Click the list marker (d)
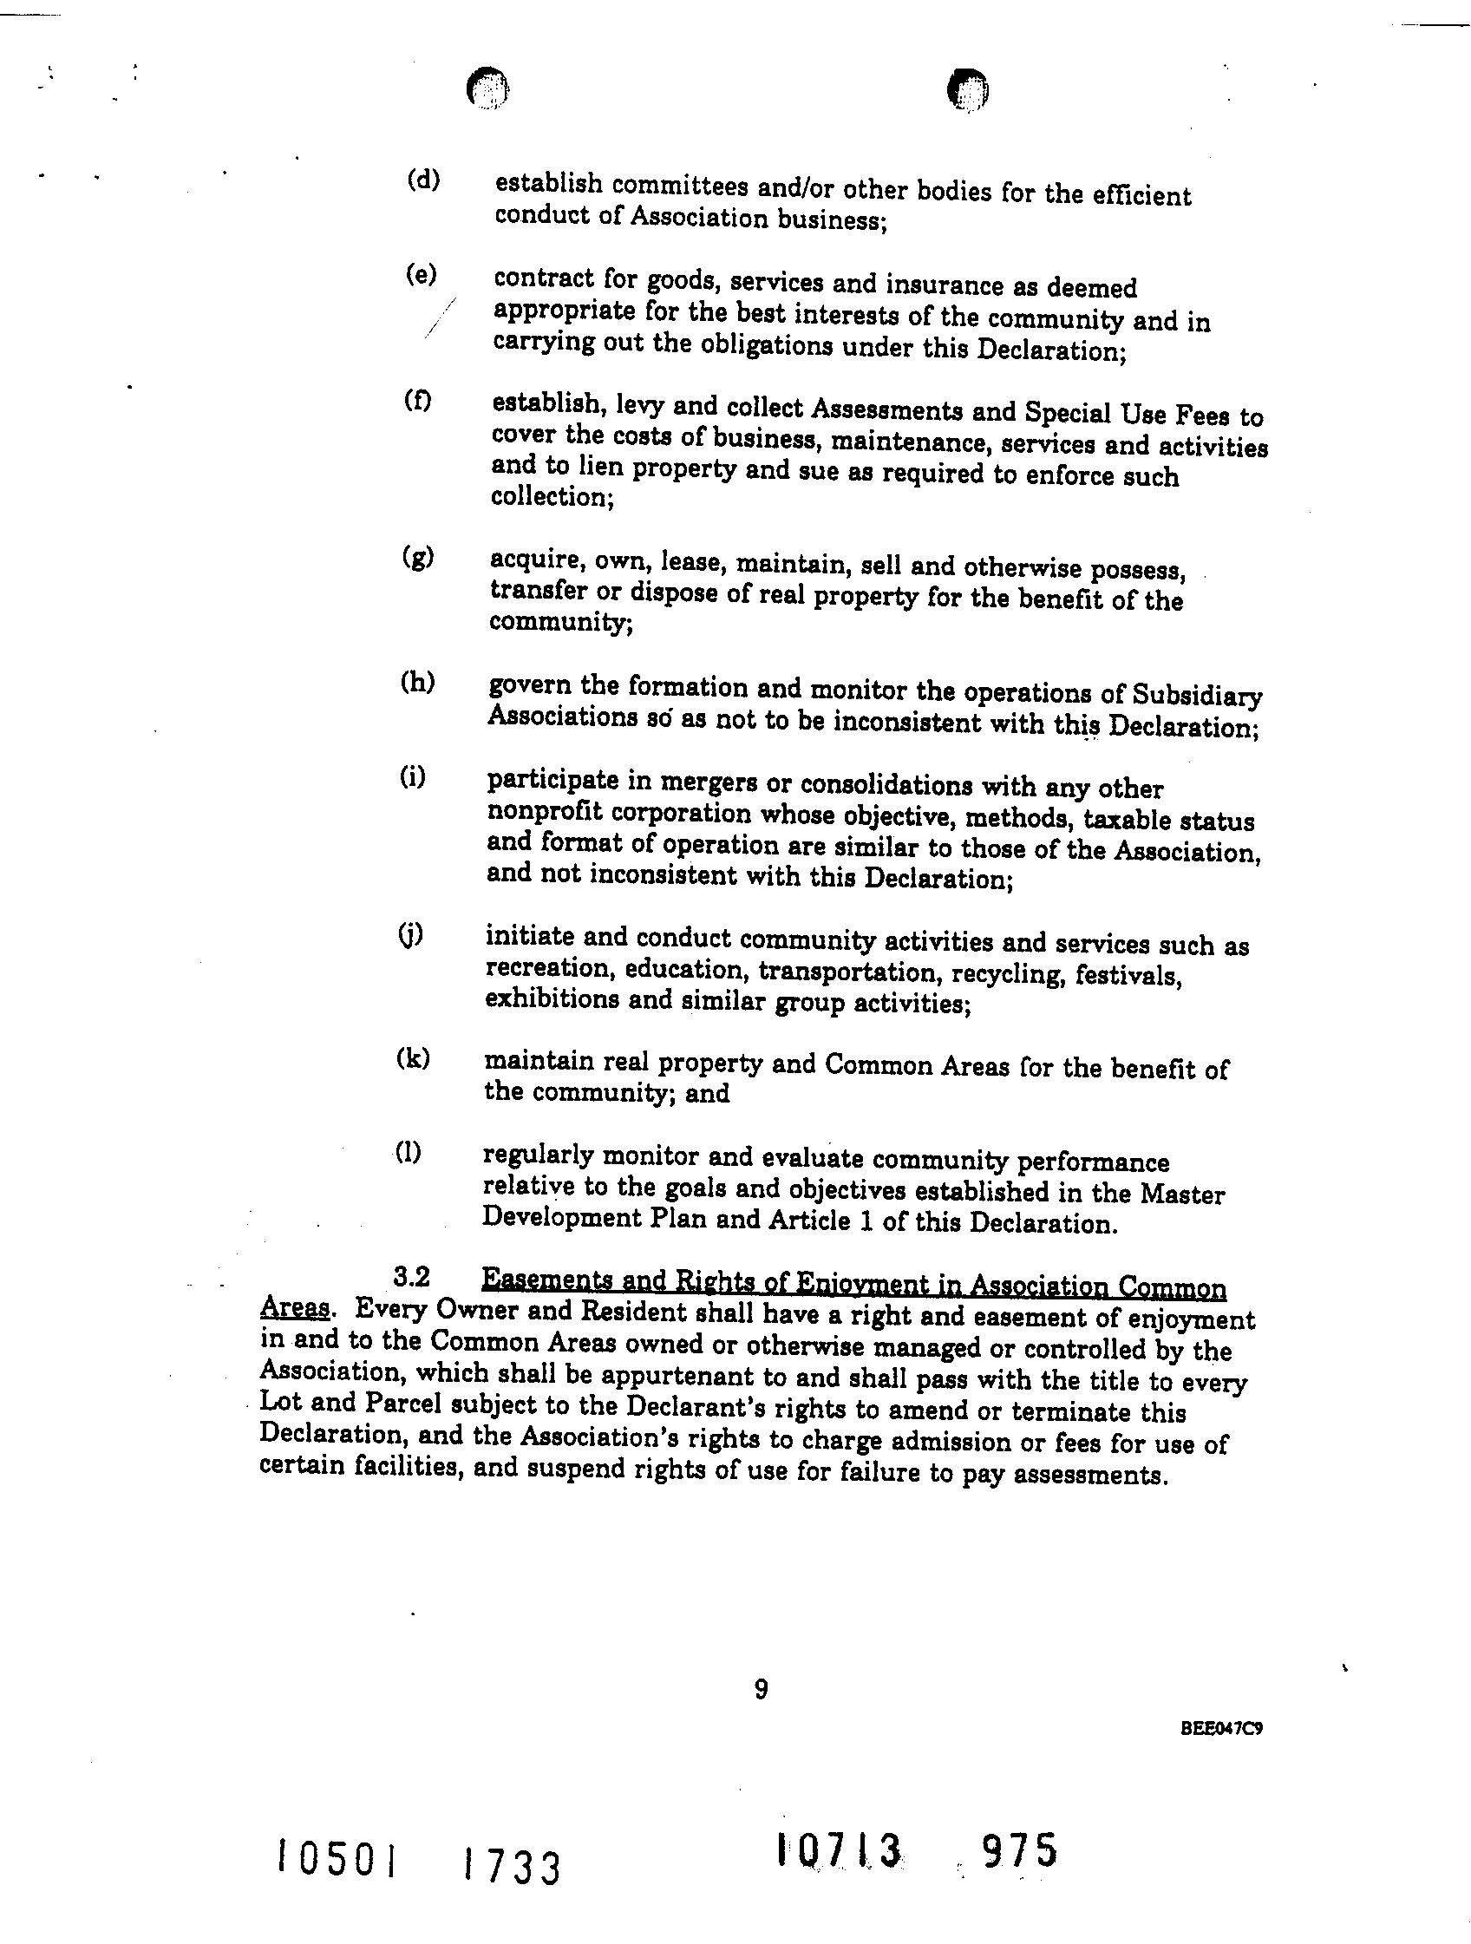tap(423, 181)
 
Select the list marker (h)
tap(417, 682)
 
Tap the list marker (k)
tap(413, 1058)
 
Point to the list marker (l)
tap(409, 1152)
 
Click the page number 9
tap(761, 1689)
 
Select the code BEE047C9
tap(1222, 1729)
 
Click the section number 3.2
tap(412, 1274)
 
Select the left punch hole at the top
tap(487, 88)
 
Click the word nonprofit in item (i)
tap(542, 813)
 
